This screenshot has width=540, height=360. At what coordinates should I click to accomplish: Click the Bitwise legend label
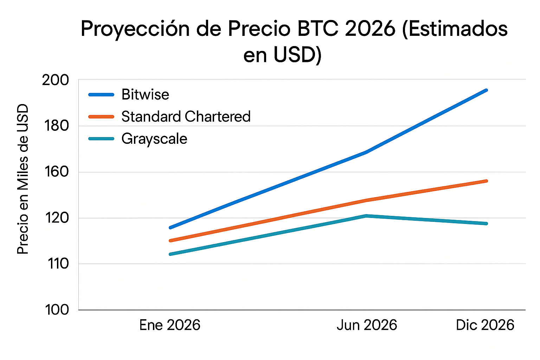point(145,95)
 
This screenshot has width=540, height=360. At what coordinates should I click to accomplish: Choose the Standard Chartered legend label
point(186,117)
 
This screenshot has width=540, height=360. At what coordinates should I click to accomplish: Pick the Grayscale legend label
point(154,139)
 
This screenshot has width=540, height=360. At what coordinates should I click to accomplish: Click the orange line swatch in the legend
point(101,117)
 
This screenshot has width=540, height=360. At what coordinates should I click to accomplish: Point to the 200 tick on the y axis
point(56,80)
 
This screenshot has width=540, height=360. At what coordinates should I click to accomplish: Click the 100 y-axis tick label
point(57,310)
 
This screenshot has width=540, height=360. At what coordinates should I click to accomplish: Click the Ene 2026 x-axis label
point(170,325)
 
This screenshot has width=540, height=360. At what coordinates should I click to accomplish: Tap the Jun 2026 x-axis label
point(367,325)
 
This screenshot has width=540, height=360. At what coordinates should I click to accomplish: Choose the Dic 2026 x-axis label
point(485,325)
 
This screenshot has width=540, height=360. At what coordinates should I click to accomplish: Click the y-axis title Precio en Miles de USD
point(23,179)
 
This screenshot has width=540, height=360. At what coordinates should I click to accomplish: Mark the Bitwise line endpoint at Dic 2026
point(486,90)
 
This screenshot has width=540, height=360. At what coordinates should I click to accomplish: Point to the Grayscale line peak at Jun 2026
point(366,216)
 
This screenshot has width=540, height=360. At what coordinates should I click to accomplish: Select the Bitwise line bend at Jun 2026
point(366,152)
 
